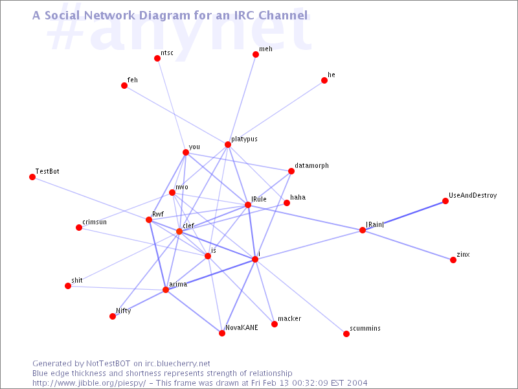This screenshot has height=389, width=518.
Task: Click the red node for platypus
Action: point(228,145)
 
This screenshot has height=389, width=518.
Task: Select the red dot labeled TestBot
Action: point(32,177)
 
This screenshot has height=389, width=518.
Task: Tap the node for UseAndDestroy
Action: point(445,202)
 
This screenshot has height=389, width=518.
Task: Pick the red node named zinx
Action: point(453,260)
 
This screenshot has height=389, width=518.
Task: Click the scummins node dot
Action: point(346,334)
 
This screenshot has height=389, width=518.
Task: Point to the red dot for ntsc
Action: point(157,58)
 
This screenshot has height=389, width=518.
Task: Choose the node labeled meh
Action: point(256,54)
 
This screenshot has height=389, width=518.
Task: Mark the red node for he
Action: point(324,81)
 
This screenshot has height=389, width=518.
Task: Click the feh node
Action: point(124,86)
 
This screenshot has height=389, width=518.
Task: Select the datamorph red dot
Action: point(291,171)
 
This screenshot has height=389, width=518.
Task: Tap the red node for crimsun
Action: point(79,228)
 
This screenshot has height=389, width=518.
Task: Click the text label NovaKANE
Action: point(242,327)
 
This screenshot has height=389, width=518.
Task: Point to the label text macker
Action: point(289,319)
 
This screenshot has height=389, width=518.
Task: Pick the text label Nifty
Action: point(124,311)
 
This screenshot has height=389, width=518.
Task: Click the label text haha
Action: point(298,196)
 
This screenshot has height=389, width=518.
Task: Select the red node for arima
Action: point(166,290)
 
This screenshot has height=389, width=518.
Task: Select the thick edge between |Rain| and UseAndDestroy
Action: point(404,216)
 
